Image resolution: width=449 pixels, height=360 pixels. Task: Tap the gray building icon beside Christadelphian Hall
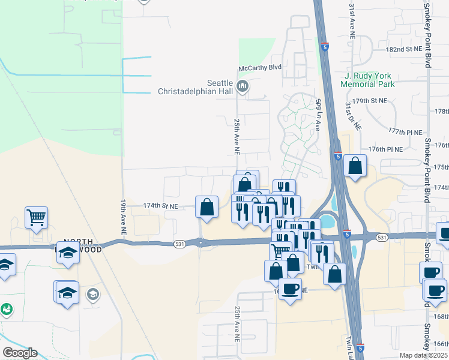pos(243,87)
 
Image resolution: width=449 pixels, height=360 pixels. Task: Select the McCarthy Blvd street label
pos(260,68)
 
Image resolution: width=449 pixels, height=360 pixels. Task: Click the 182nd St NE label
pos(388,49)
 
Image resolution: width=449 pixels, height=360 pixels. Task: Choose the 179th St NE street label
pos(371,100)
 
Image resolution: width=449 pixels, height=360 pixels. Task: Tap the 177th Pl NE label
pos(405,131)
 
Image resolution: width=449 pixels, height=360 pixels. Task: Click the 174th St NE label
pos(161,206)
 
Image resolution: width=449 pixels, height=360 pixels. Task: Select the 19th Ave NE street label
pos(122,217)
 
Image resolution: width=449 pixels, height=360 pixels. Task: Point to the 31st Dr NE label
pos(352,116)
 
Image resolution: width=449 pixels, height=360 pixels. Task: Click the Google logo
pos(20,353)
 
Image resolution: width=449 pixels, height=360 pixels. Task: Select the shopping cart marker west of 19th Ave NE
pos(37,217)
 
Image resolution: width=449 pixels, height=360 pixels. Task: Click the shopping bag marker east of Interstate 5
pos(355,166)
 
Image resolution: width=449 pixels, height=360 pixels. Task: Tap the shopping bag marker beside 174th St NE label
pos(206,207)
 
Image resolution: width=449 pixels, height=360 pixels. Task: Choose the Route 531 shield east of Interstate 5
pos(382,238)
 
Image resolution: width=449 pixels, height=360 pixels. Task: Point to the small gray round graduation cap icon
pos(93,294)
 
